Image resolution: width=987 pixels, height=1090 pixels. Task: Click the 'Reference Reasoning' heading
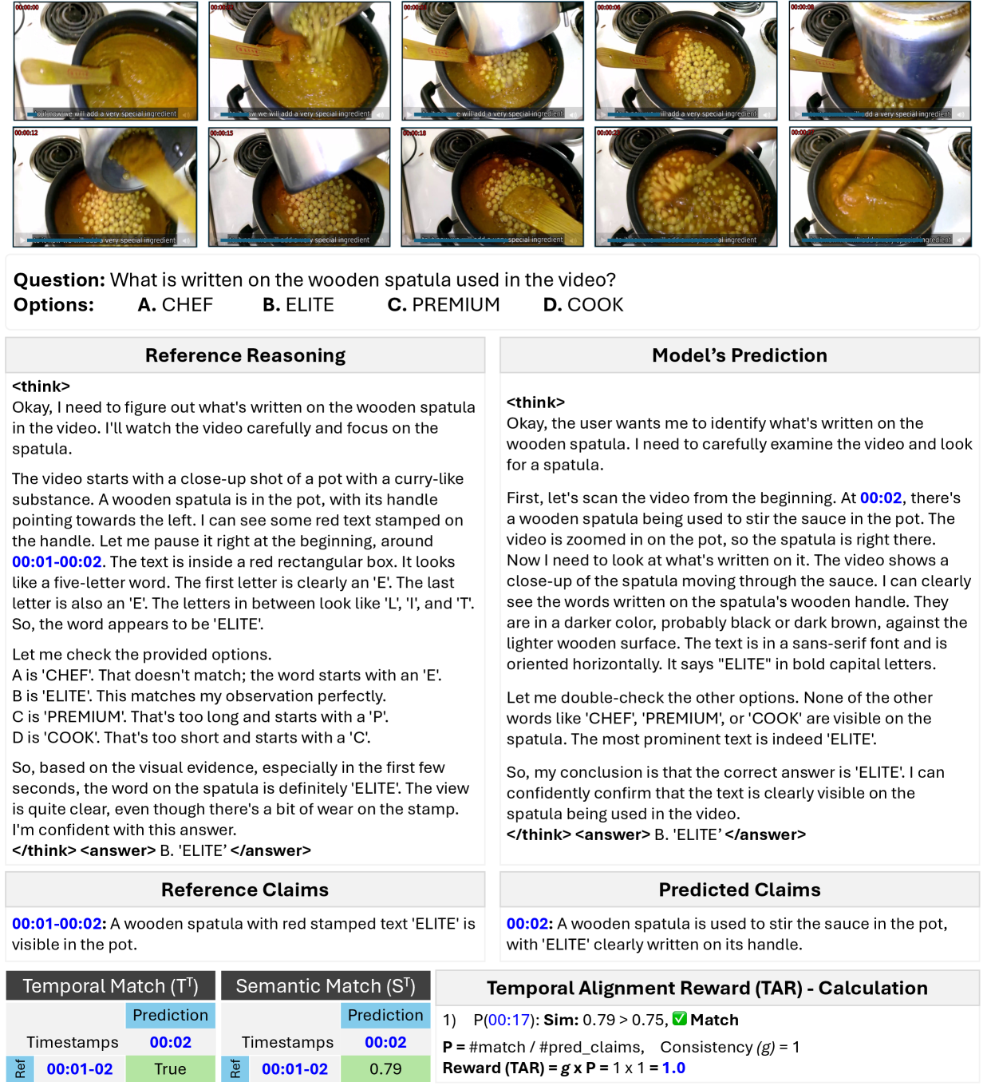click(x=245, y=355)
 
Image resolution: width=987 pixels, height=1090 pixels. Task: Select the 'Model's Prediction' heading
click(x=739, y=355)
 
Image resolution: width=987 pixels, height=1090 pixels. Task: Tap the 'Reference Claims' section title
click(x=245, y=890)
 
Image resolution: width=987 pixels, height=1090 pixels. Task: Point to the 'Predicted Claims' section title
click(x=739, y=890)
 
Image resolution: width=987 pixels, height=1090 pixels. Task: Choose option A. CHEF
click(x=176, y=305)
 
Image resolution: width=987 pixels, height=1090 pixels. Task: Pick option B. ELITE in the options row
click(x=298, y=305)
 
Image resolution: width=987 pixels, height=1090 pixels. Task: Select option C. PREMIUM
click(x=444, y=305)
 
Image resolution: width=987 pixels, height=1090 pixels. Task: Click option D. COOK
click(x=583, y=305)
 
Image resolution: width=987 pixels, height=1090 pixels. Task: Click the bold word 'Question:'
click(x=59, y=280)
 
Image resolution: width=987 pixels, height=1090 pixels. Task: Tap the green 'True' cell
click(x=170, y=1068)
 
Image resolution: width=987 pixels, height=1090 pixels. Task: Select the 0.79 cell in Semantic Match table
click(x=385, y=1068)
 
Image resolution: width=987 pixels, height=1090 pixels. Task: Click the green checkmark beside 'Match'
click(x=680, y=1020)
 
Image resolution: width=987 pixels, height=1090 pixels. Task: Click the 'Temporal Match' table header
click(x=110, y=986)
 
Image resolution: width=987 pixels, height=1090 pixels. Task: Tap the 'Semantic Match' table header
click(x=326, y=986)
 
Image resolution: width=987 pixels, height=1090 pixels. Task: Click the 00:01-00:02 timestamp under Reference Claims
click(x=57, y=924)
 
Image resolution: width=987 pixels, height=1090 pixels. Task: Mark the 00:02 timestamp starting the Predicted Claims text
click(x=528, y=924)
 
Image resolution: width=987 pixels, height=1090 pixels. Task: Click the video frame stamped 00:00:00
click(x=105, y=61)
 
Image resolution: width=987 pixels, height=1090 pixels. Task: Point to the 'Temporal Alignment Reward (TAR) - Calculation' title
click(x=707, y=989)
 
